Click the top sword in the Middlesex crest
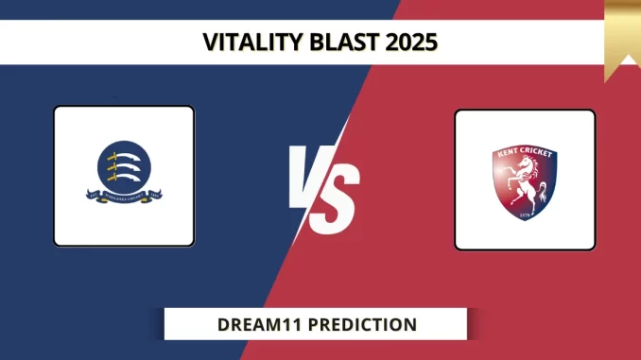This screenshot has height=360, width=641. (123, 157)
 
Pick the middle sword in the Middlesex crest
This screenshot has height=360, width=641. (123, 167)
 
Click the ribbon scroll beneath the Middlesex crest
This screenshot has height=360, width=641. (123, 197)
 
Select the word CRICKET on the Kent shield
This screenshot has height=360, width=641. (536, 152)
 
